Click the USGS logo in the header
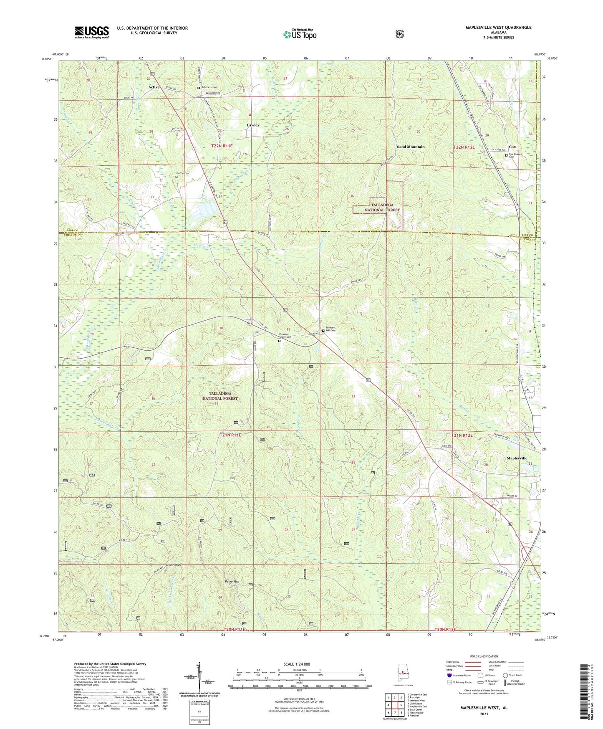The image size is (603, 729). tap(91, 32)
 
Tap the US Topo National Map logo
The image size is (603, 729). tap(300, 34)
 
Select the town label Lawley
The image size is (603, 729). tap(253, 125)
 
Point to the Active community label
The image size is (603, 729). tap(154, 87)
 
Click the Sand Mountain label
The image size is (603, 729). tap(411, 147)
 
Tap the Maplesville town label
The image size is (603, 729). tap(517, 458)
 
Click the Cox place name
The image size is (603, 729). tap(512, 147)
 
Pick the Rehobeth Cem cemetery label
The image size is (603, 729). tap(209, 87)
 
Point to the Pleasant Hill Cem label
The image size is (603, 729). tap(331, 329)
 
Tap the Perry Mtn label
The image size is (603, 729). tap(232, 581)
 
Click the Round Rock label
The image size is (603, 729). tap(174, 565)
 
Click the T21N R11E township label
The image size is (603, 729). tap(230, 435)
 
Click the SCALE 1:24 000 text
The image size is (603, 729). tap(297, 664)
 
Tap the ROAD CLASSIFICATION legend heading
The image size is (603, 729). tap(484, 656)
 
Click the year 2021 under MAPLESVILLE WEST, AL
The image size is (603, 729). tap(484, 714)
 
